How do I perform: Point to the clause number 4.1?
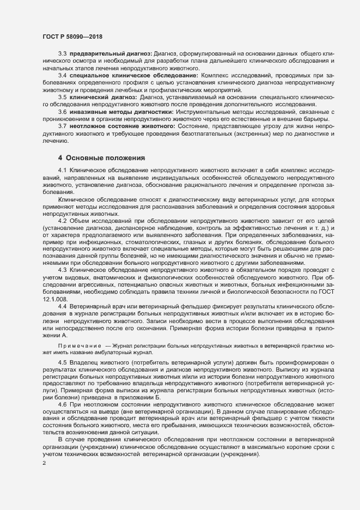[62, 171]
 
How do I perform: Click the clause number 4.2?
[62, 220]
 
